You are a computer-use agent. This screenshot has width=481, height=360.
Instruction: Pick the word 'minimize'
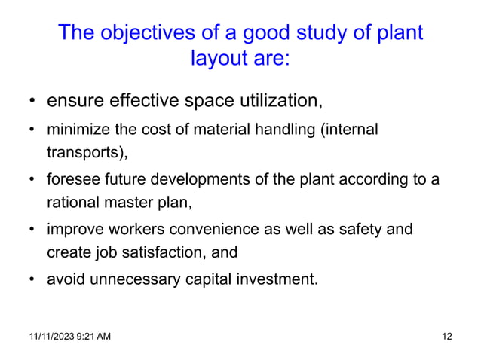tap(75, 130)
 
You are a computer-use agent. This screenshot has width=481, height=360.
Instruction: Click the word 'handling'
tap(287, 130)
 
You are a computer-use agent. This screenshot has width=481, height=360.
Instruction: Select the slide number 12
tap(445, 335)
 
